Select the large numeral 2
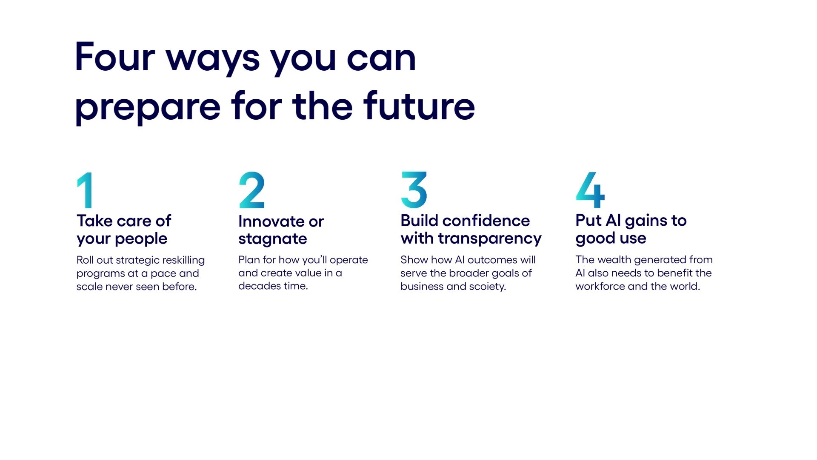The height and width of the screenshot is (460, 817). coord(251,190)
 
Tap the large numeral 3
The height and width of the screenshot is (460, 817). coord(414,190)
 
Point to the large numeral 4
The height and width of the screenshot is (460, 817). coord(590,190)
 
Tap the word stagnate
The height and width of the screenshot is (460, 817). coord(273,239)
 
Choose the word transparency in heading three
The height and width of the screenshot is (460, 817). coord(490,239)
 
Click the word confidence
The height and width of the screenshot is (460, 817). coord(486,221)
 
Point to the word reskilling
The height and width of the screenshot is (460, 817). coord(183,261)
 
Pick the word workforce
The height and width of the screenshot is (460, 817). coord(600,286)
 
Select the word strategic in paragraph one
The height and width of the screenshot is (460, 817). coord(137,261)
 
